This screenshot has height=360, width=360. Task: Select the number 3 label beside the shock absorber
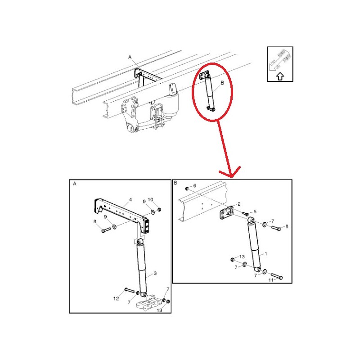(155, 273)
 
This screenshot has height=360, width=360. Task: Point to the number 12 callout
(116, 298)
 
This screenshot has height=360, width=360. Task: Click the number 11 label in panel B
(271, 280)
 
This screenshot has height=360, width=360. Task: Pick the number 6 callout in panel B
(194, 185)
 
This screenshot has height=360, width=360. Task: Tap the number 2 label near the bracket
(239, 204)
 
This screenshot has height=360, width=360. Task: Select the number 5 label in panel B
(255, 211)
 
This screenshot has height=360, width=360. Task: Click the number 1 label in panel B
(266, 254)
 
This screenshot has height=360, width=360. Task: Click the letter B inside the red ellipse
(222, 83)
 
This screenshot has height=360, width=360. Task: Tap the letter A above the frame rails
(130, 58)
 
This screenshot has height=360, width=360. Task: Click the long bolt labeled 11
(277, 275)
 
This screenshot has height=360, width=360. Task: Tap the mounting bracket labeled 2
(228, 213)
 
